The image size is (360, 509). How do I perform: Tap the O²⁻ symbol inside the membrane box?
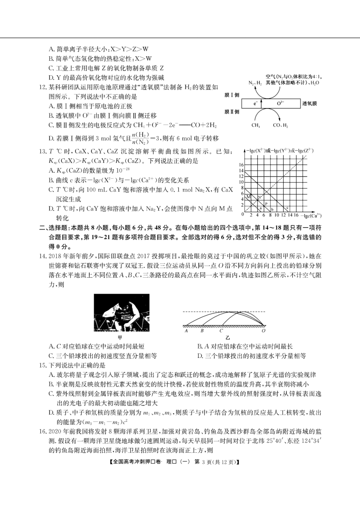point(281,103)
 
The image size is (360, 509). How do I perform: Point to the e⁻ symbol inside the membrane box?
point(257,103)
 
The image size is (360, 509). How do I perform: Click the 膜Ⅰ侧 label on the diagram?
point(231,96)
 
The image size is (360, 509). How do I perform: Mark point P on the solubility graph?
point(266,203)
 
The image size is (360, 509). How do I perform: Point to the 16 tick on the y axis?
point(242,164)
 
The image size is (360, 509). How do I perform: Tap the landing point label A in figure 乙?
point(187,331)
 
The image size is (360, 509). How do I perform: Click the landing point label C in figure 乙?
point(221,331)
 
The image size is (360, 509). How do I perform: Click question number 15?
point(42,365)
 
